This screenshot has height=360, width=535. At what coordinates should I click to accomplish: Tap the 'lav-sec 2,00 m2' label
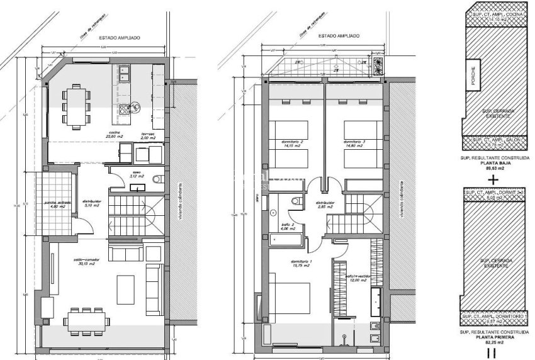point(149,135)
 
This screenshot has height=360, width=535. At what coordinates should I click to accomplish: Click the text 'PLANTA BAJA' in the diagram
point(493,160)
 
